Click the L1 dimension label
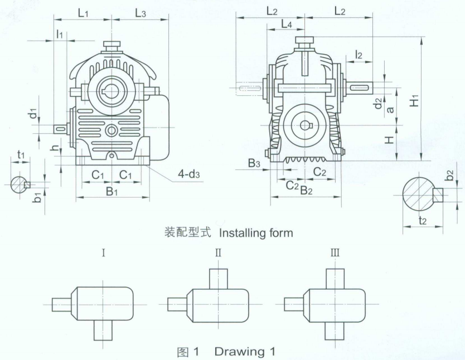click(x=83, y=12)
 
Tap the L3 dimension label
click(x=140, y=12)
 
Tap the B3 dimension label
click(x=254, y=163)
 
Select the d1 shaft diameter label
click(x=35, y=114)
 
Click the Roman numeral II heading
click(x=218, y=253)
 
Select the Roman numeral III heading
click(x=335, y=253)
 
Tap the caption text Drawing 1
click(x=244, y=352)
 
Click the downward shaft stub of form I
click(x=104, y=329)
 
